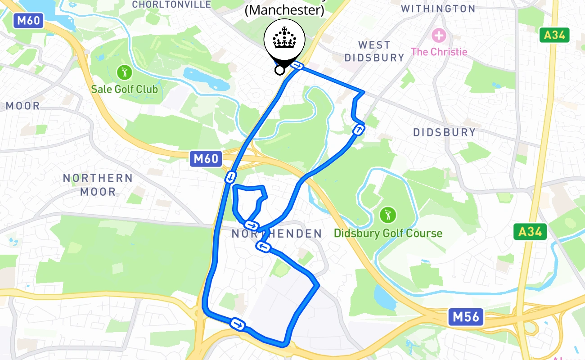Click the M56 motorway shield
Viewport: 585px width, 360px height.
coord(466,317)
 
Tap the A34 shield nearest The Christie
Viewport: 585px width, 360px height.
coord(554,35)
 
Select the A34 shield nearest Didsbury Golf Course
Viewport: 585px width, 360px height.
coord(530,232)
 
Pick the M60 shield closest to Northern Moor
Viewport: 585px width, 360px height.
coord(206,158)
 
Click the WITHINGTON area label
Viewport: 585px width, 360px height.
coord(438,9)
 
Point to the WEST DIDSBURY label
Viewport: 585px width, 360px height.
coord(374,51)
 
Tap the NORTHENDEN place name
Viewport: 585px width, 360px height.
coord(277,234)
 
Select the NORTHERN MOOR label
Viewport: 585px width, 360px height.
coord(98,184)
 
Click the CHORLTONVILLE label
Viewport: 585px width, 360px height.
coord(171,4)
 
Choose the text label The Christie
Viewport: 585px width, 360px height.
coord(439,52)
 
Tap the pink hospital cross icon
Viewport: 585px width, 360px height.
coord(439,35)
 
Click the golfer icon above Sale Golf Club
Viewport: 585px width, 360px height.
coord(124,72)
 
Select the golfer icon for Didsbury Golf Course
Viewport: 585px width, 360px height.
coord(387,215)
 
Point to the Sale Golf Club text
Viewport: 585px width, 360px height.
coord(124,89)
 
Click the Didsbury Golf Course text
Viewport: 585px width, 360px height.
coord(388,233)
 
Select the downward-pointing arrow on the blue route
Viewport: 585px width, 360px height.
coord(230,177)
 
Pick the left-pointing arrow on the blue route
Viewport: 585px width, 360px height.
coord(263,246)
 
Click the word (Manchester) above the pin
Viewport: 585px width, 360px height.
coord(284,10)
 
